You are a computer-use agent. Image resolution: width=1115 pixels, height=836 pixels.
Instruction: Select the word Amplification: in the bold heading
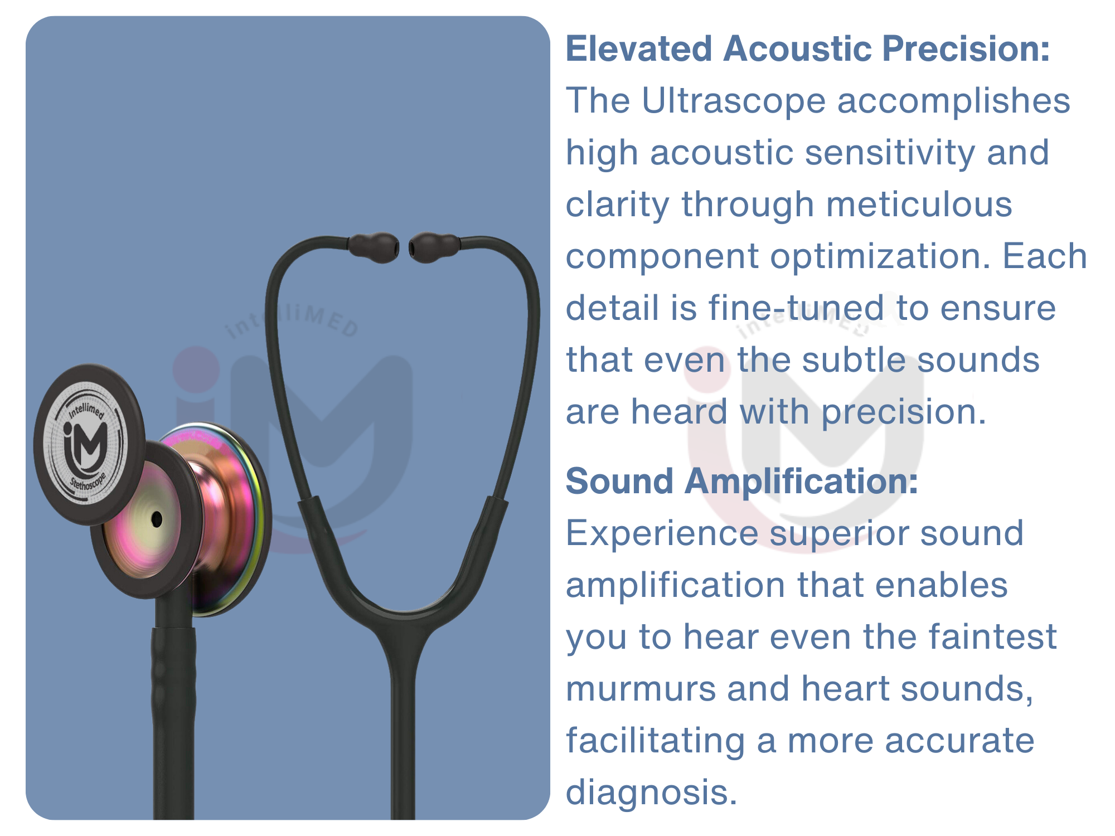pyautogui.click(x=801, y=482)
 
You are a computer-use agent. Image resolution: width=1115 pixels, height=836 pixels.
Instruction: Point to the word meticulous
pyautogui.click(x=919, y=205)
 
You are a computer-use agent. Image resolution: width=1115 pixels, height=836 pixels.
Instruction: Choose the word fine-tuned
pyautogui.click(x=796, y=308)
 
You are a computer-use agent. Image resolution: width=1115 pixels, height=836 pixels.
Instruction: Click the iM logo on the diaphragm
pyautogui.click(x=85, y=444)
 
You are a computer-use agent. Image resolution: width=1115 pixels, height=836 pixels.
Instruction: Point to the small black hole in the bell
pyautogui.click(x=157, y=519)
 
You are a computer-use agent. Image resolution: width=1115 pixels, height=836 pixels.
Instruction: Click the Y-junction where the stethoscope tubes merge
pyautogui.click(x=403, y=635)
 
